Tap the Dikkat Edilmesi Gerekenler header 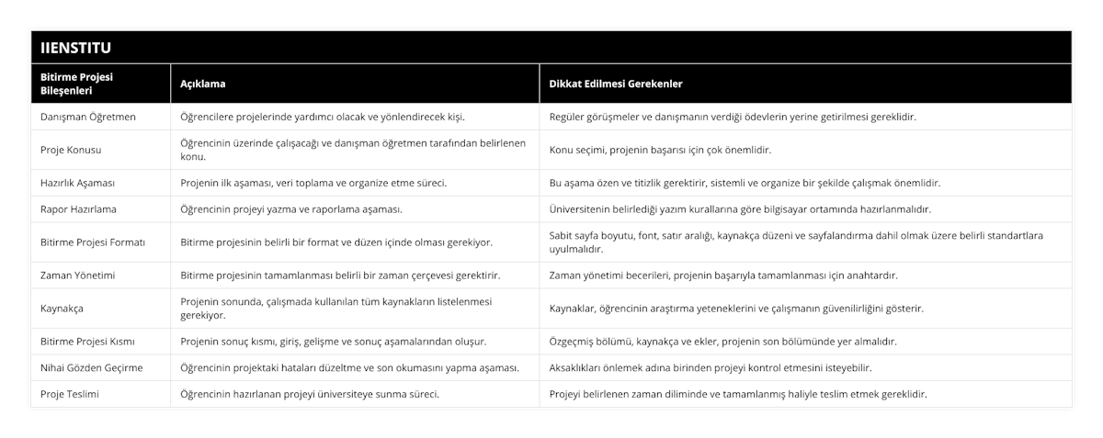pos(615,84)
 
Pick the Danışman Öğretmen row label pos(88,117)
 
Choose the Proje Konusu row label pos(72,150)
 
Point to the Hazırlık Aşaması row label pos(78,183)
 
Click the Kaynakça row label pos(63,308)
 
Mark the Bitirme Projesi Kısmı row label pos(88,342)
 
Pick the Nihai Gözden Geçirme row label pos(91,368)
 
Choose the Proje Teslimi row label pos(70,394)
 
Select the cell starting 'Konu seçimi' pos(659,150)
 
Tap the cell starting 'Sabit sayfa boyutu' pos(795,241)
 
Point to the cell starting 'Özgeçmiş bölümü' pos(722,342)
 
